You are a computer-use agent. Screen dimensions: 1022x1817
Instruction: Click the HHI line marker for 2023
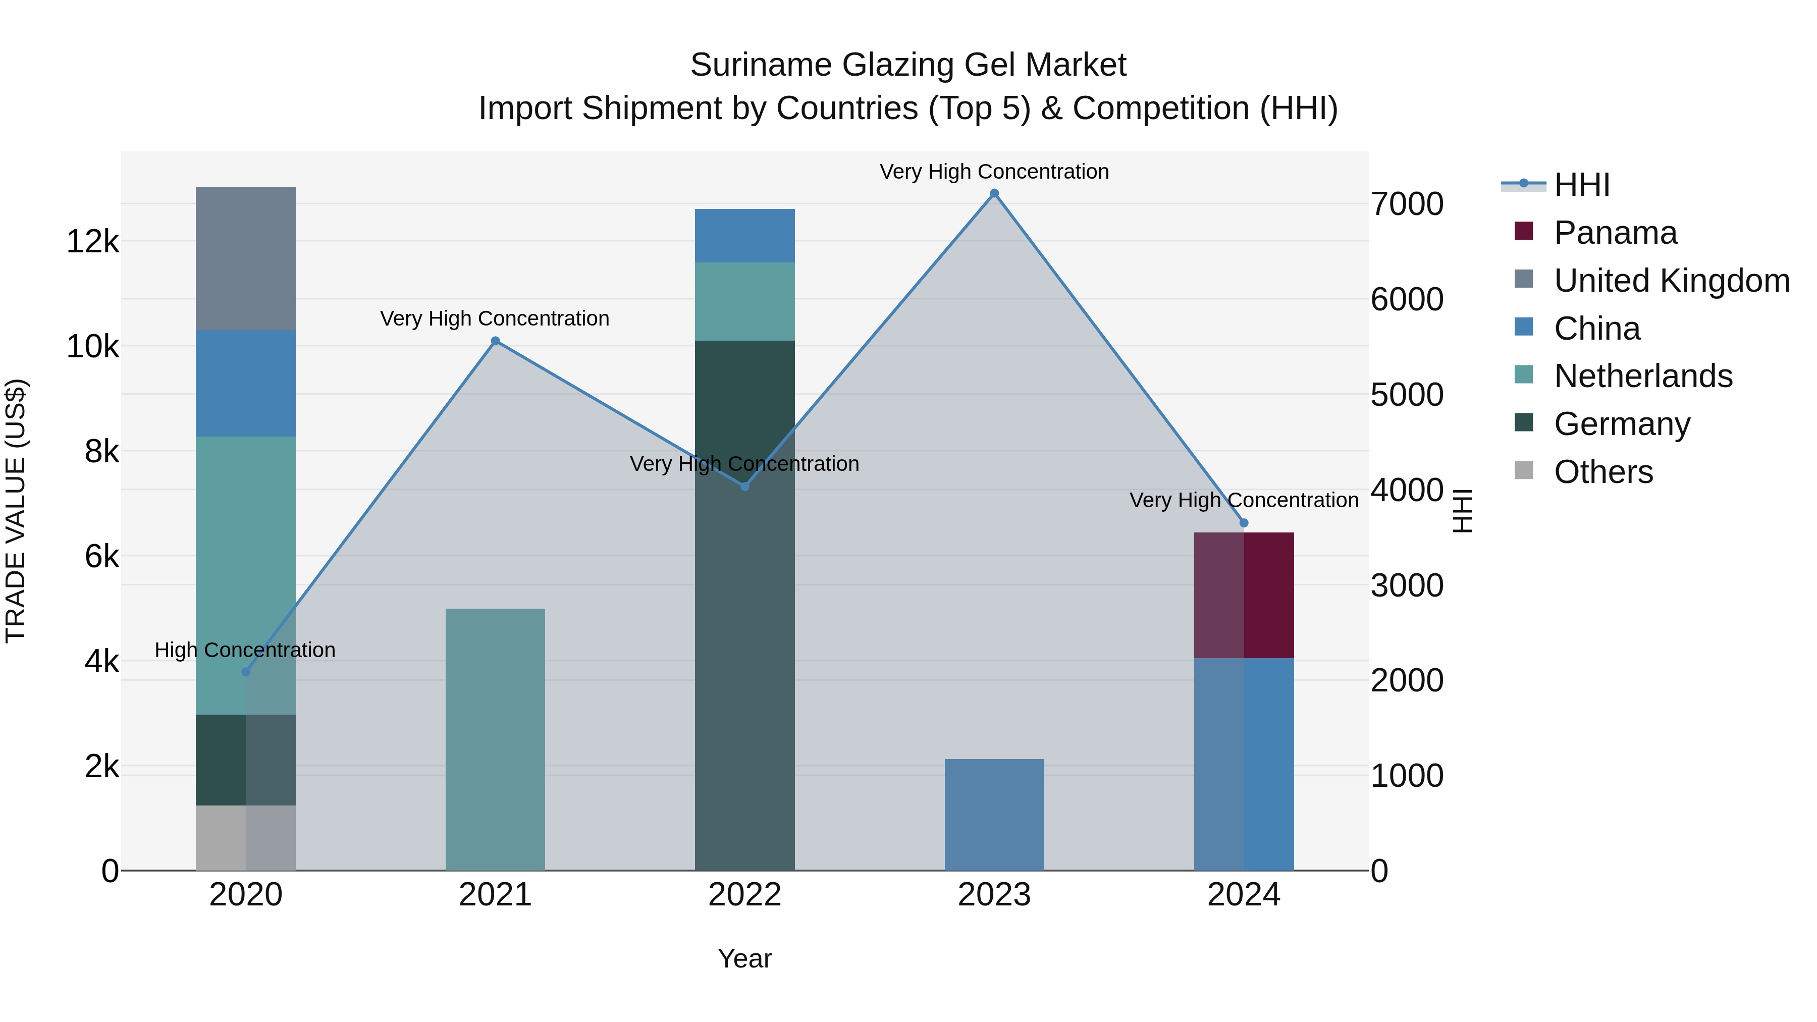[994, 193]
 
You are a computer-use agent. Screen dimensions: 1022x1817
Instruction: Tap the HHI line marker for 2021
[495, 341]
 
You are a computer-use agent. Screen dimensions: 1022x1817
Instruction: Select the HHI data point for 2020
[245, 672]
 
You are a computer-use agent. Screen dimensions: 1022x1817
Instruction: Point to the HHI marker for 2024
[1244, 523]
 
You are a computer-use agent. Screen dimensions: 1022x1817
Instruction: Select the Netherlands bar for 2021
[495, 739]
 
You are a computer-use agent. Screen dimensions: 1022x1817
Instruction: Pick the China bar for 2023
[994, 815]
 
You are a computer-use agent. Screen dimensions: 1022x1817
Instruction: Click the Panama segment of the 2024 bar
[1244, 596]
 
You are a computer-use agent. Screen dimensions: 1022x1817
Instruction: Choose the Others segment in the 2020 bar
[245, 838]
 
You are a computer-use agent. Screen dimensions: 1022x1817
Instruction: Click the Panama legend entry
[1615, 233]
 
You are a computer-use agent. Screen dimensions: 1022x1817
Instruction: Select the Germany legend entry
[1622, 424]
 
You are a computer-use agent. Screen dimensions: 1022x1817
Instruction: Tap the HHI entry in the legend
[1581, 185]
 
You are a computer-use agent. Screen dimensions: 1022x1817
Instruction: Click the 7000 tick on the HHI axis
[1407, 204]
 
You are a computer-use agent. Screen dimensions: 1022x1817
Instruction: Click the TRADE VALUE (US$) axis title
[16, 511]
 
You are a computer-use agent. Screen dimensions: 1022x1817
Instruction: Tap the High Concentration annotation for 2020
[245, 650]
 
